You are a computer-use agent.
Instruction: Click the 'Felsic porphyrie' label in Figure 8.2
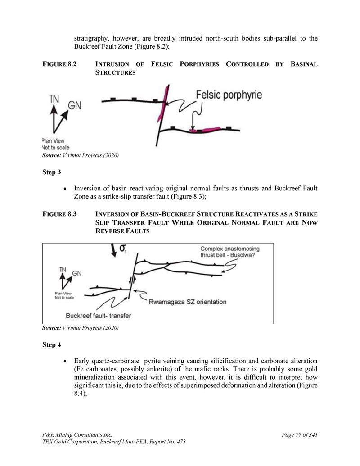229,95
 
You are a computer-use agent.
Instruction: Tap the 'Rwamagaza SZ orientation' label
188,302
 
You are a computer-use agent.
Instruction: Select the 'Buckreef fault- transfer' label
98,315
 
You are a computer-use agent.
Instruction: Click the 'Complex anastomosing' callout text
230,249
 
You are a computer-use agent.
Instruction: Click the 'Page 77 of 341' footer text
300,434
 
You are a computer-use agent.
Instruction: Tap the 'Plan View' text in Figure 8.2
53,140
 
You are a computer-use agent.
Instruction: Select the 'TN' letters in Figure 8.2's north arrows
54,99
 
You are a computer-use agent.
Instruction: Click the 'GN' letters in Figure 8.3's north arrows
77,273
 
